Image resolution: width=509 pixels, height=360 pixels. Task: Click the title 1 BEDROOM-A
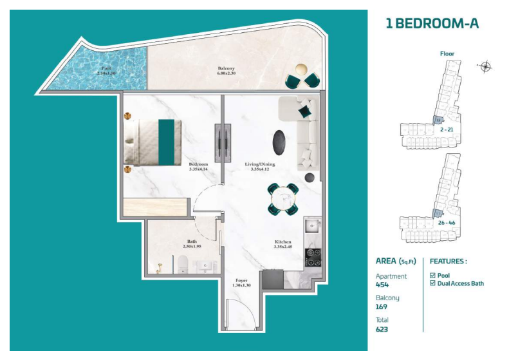432,24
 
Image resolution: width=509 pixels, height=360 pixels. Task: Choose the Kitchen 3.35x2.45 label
284,243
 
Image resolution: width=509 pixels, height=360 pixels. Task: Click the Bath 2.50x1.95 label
192,244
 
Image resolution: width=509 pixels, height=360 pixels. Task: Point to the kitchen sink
313,226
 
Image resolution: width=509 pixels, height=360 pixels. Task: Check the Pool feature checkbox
432,275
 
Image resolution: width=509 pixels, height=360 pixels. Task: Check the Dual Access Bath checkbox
432,283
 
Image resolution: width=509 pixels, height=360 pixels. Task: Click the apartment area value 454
383,284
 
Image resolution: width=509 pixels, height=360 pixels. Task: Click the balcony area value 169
382,307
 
